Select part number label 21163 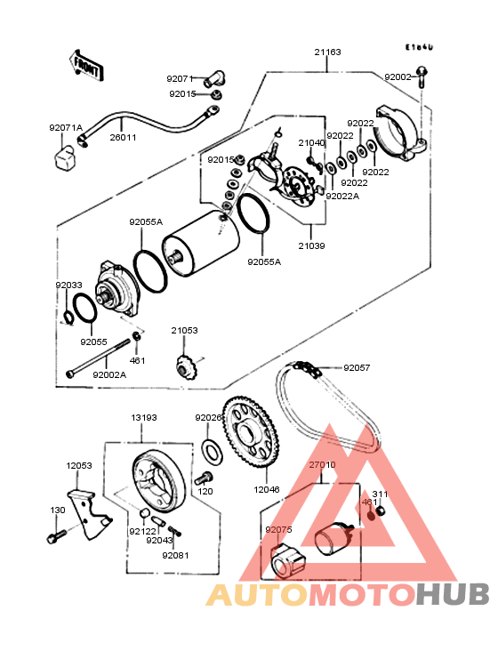pyautogui.click(x=327, y=52)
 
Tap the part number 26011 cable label pyautogui.click(x=124, y=138)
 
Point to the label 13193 pyautogui.click(x=144, y=417)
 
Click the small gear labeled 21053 pyautogui.click(x=185, y=366)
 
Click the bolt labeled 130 pyautogui.click(x=55, y=536)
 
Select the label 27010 pyautogui.click(x=322, y=464)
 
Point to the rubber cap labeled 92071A pyautogui.click(x=64, y=159)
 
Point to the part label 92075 pyautogui.click(x=277, y=530)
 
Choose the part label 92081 pyautogui.click(x=175, y=555)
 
